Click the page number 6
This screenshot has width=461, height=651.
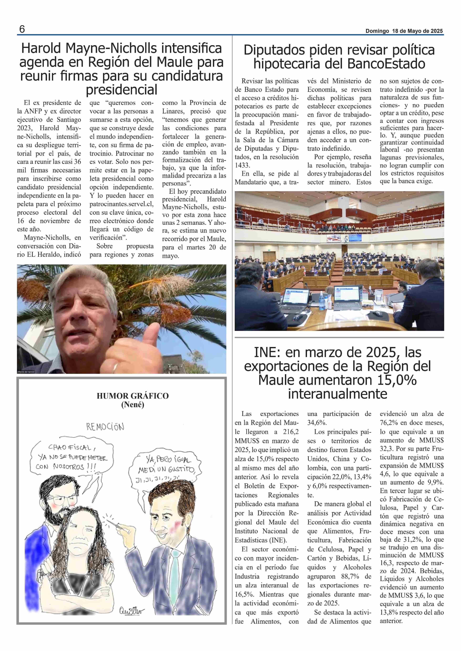pos(22,29)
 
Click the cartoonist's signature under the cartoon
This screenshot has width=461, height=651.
pos(132,611)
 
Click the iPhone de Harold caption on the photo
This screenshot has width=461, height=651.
pos(26,372)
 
